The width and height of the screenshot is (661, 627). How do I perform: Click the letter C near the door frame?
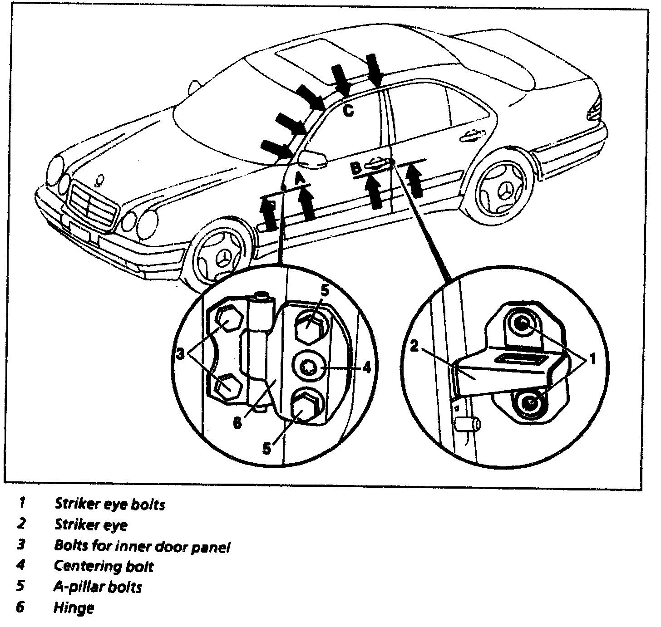[348, 110]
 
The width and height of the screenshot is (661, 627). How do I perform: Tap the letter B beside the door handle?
[356, 168]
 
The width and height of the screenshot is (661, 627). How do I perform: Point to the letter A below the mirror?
[300, 178]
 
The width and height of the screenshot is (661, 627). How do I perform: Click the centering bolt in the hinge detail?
[309, 367]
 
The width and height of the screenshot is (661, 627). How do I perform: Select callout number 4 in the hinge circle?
[367, 367]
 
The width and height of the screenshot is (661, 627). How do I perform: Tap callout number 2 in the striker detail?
[414, 347]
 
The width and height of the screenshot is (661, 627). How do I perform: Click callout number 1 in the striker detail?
[592, 360]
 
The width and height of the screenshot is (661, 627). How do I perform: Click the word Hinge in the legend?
[74, 607]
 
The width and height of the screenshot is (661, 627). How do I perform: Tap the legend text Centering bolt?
[104, 566]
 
